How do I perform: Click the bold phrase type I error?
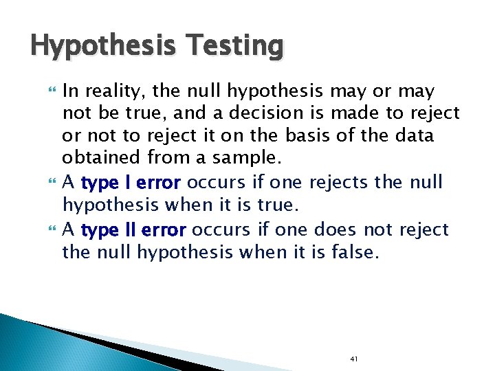pyautogui.click(x=131, y=183)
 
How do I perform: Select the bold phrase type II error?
pyautogui.click(x=133, y=230)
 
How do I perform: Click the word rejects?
pyautogui.click(x=333, y=183)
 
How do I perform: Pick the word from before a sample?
pyautogui.click(x=170, y=157)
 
